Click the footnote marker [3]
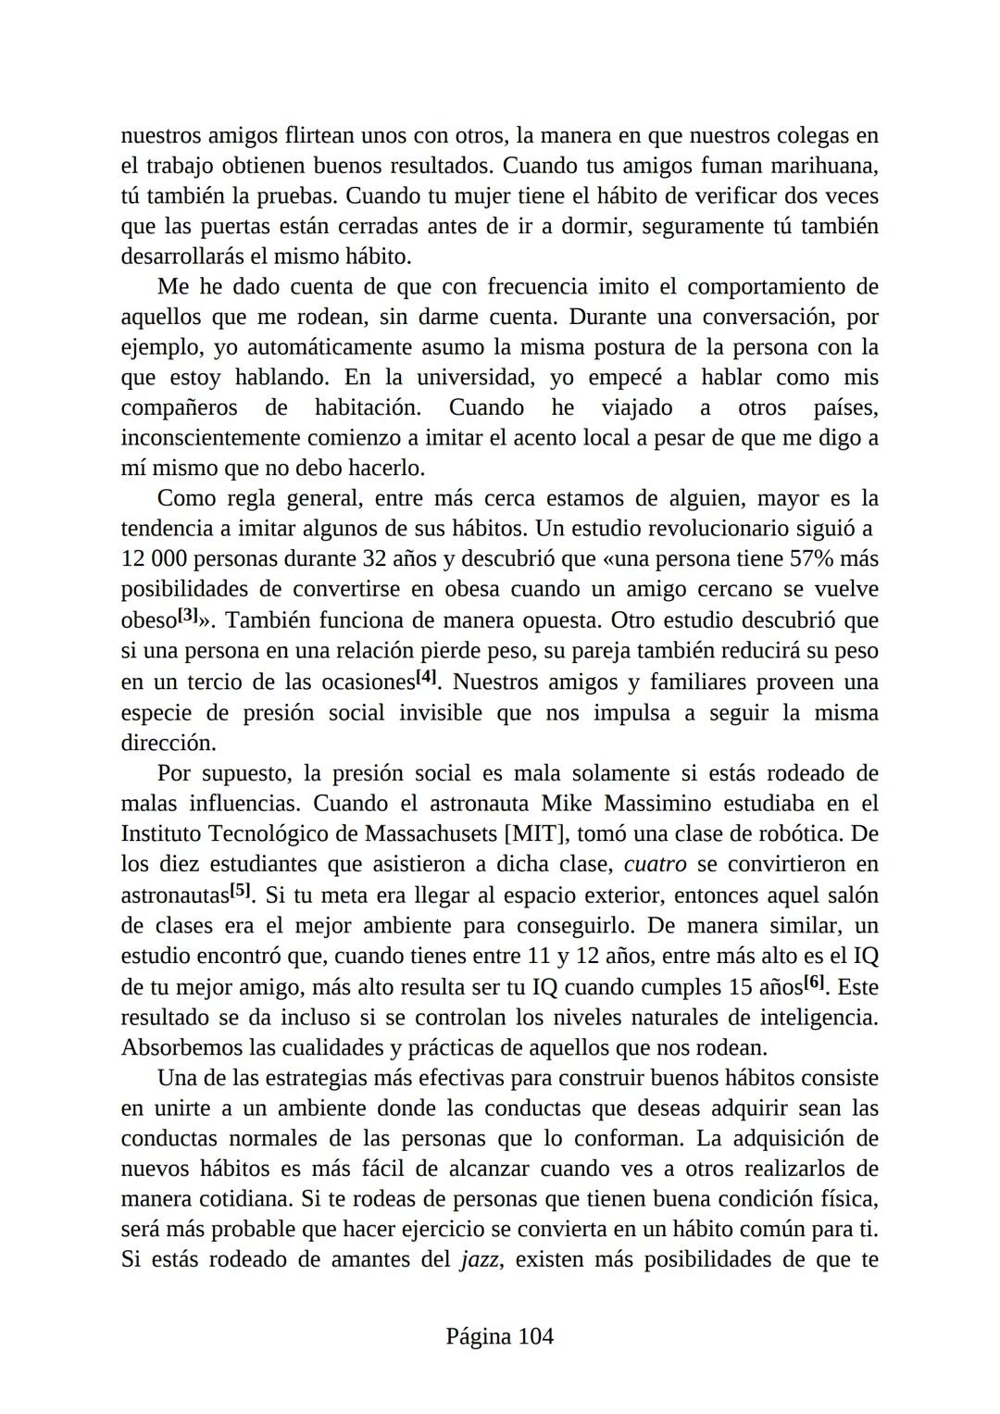[x=188, y=615]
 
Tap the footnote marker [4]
[x=426, y=677]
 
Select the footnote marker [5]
[x=240, y=891]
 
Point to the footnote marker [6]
[x=814, y=982]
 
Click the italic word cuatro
[x=656, y=865]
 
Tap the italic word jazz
[x=481, y=1260]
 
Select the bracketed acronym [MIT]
[x=534, y=834]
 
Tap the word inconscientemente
[x=210, y=438]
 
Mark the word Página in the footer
[x=478, y=1336]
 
